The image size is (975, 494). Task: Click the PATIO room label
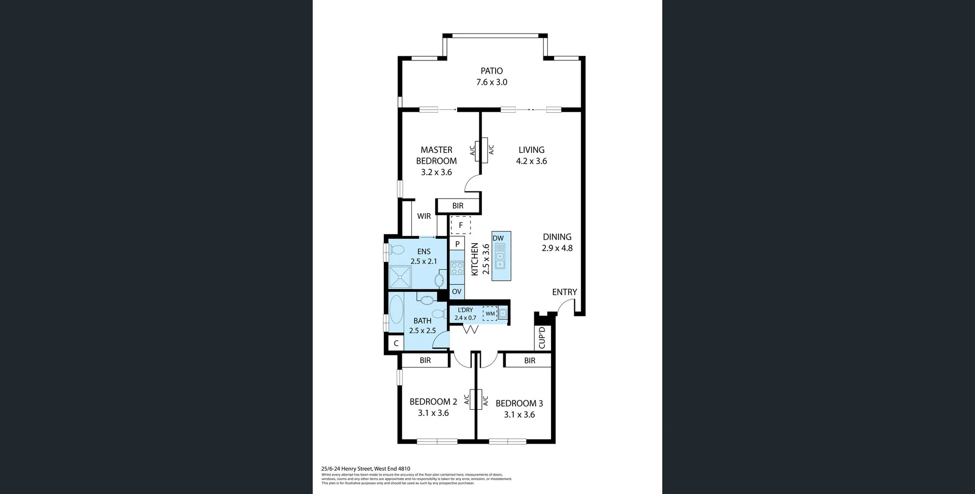[x=492, y=71]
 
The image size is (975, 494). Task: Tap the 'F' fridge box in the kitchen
[x=461, y=225]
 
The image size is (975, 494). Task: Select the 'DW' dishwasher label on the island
[x=498, y=238]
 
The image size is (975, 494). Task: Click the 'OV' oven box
[x=457, y=291]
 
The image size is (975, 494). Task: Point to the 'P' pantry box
[x=457, y=244]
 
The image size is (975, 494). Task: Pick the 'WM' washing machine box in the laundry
[x=490, y=314]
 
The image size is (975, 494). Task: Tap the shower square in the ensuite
[x=400, y=277]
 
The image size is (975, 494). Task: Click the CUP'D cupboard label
[x=542, y=338]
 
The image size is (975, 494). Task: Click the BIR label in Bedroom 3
[x=530, y=360]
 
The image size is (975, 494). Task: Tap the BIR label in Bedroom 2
[x=425, y=360]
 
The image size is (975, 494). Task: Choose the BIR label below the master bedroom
[x=458, y=206]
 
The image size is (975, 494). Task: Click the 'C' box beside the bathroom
[x=396, y=343]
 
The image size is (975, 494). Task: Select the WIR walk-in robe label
[x=424, y=216]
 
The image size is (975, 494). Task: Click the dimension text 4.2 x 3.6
[x=531, y=161]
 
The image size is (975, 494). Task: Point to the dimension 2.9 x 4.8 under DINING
[x=557, y=248]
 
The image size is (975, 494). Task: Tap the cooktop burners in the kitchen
[x=457, y=268]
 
